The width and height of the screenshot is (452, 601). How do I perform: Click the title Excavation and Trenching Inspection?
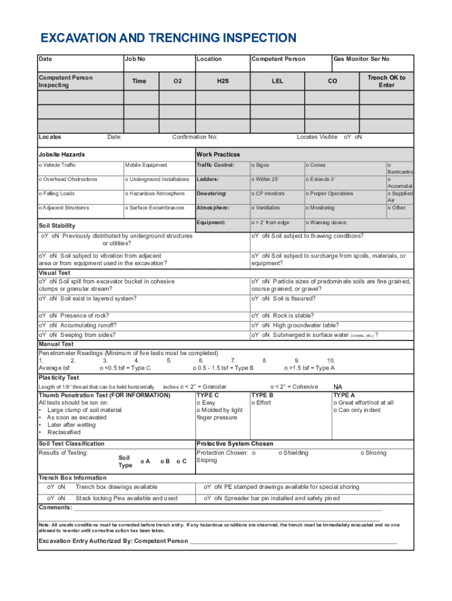coord(168,39)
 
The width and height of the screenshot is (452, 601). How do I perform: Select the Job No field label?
coord(134,59)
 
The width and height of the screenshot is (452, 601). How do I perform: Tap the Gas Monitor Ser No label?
coord(361,59)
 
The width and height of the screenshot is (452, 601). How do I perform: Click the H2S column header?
coord(222,81)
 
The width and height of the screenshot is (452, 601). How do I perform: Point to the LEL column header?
coord(277,81)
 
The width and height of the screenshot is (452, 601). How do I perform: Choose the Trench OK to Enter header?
coord(386,81)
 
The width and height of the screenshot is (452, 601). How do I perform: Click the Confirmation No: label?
coord(194,137)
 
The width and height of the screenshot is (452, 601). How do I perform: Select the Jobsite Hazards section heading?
coord(62,154)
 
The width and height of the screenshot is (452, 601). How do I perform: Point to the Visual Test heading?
coord(54,273)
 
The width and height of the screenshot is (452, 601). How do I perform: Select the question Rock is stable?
coord(285,316)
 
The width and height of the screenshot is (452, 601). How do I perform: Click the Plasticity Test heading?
coord(59,377)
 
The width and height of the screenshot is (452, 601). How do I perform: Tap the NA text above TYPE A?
coord(338,387)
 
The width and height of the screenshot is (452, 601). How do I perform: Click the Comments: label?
coord(55,507)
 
